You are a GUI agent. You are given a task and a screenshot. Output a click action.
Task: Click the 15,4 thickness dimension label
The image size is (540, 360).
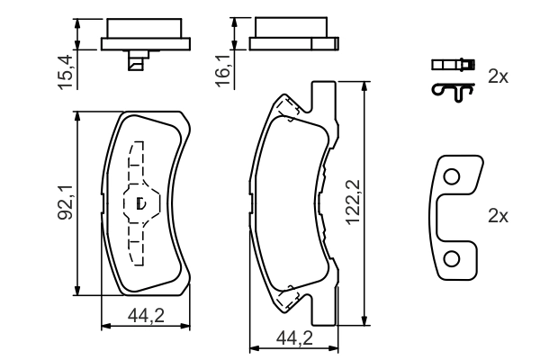coord(66,72)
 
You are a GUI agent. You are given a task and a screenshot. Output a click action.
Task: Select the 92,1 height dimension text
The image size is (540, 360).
coord(65,202)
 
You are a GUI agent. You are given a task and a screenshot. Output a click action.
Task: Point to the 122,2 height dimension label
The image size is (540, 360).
coord(353,202)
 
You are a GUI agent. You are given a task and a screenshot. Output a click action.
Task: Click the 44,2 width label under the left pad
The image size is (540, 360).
coord(146,316)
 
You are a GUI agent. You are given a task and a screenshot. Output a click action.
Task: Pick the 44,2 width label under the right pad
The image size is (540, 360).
coord(295,338)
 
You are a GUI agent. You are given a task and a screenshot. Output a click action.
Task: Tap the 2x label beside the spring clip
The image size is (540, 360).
coord(498,76)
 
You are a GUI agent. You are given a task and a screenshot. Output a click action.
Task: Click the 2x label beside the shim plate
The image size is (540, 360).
coord(498,216)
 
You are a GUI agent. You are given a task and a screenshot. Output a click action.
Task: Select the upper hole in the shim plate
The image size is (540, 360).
coord(452,177)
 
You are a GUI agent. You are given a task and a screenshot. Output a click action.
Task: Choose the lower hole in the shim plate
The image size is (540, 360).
coord(452,259)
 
